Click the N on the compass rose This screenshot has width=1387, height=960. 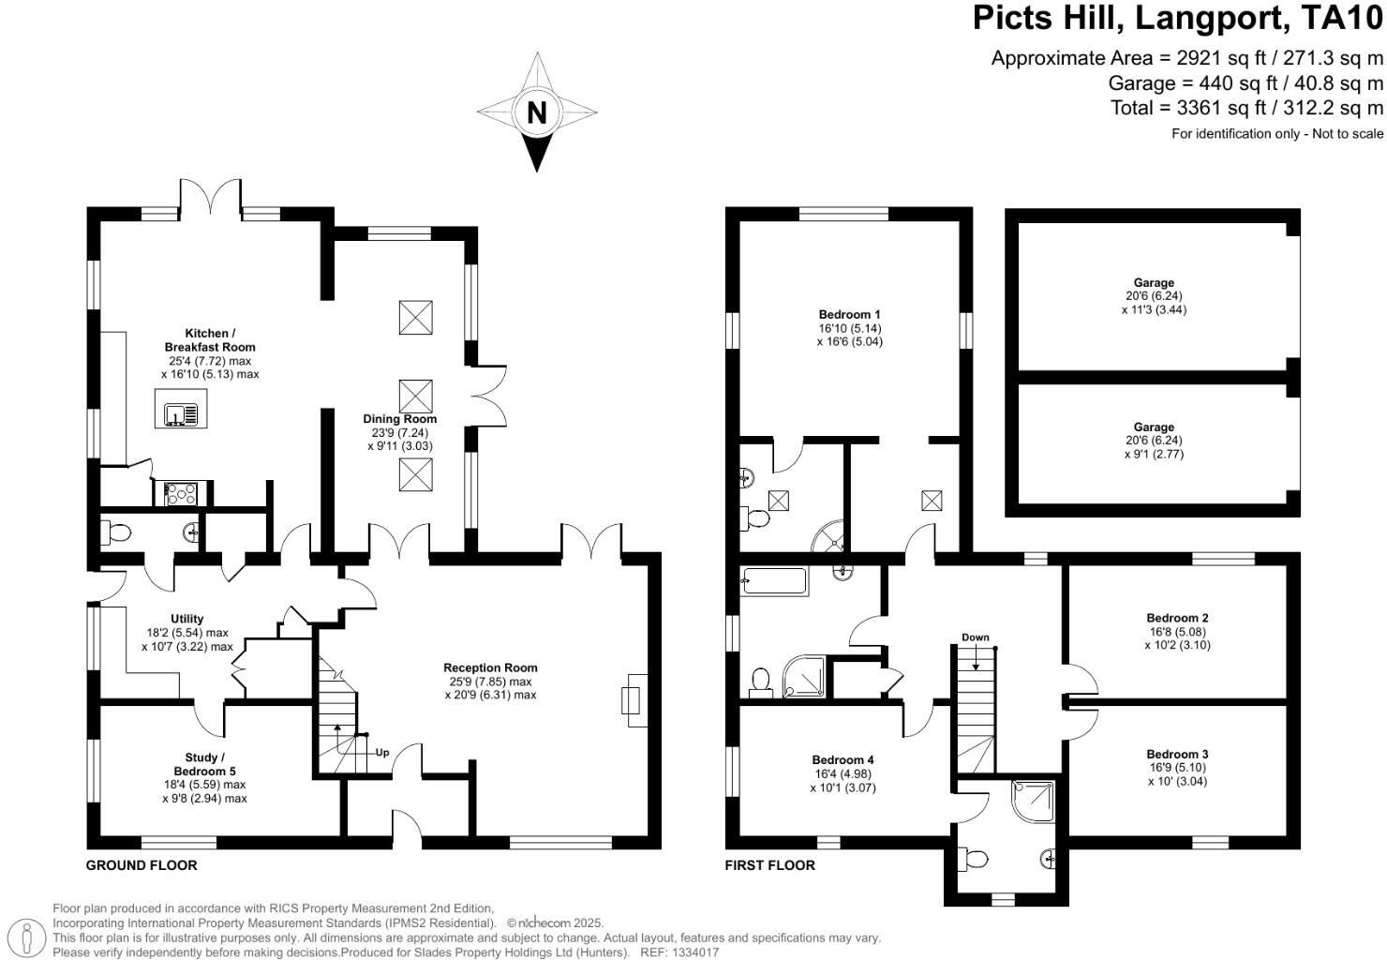click(x=536, y=112)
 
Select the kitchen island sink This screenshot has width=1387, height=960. click(x=179, y=413)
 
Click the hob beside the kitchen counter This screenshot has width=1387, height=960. click(x=180, y=493)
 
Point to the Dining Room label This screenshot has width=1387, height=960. click(x=400, y=419)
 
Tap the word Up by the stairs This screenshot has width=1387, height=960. click(x=382, y=752)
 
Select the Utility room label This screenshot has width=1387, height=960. click(x=187, y=619)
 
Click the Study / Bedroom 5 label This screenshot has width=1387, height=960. click(x=204, y=764)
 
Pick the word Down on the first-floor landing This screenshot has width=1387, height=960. click(x=975, y=637)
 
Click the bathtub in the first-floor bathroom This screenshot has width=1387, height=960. click(x=774, y=581)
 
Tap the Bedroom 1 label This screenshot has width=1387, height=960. click(x=849, y=314)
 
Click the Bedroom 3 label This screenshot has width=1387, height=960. click(x=1177, y=754)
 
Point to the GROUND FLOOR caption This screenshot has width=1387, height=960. click(x=142, y=865)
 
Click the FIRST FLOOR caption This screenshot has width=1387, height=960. click(x=769, y=865)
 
